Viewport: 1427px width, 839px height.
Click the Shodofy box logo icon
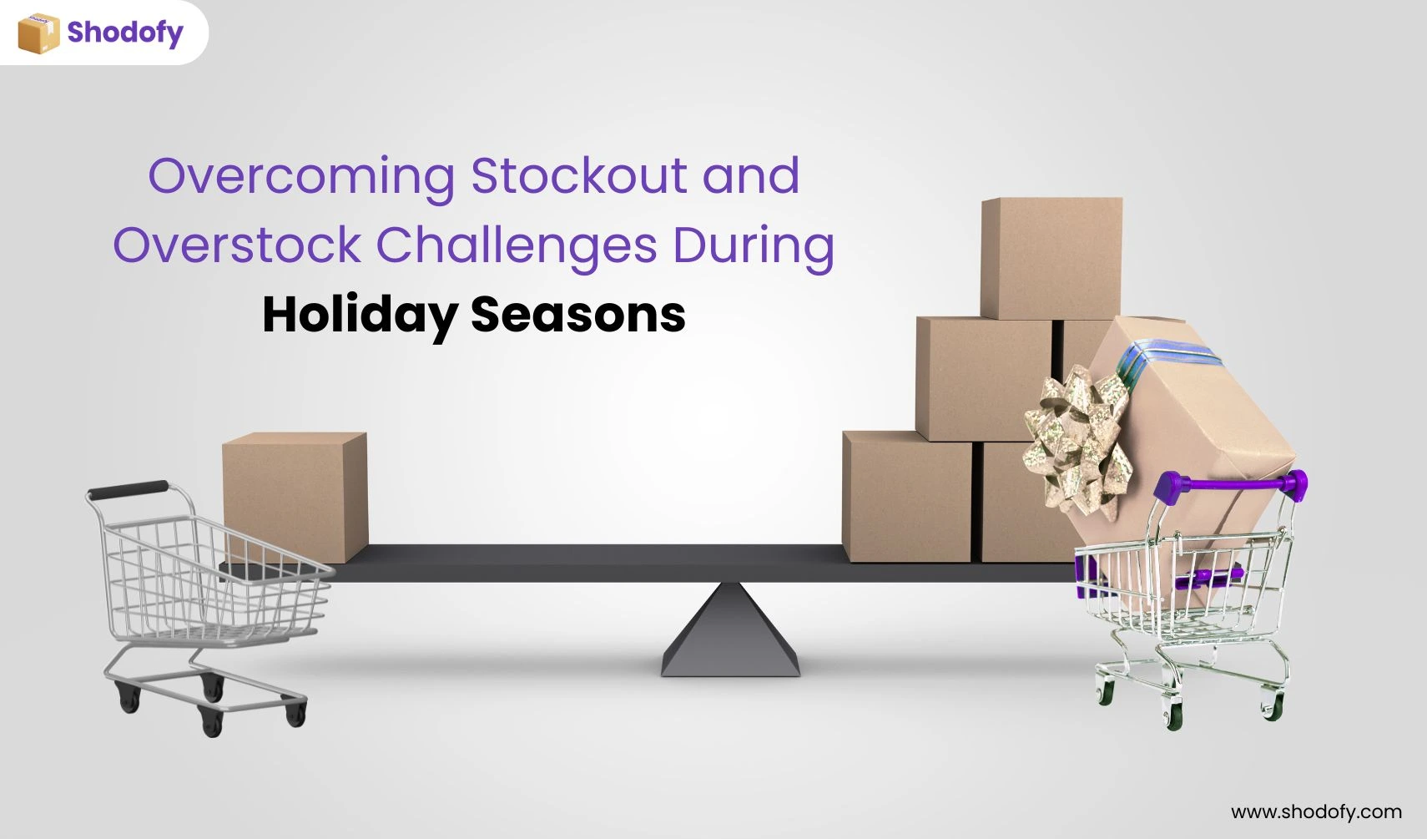coord(39,33)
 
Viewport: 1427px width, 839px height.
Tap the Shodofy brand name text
coord(125,33)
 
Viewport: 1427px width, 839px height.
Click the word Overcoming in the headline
coord(301,177)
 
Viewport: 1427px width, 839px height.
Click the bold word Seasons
coord(577,315)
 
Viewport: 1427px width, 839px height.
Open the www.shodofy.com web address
coord(1316,811)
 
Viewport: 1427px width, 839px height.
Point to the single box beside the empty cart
coord(295,498)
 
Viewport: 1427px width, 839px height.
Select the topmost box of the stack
coord(1051,258)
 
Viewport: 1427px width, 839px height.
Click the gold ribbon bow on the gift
coord(1077,440)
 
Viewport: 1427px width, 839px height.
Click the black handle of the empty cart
coord(129,490)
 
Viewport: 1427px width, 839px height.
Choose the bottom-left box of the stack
coord(907,497)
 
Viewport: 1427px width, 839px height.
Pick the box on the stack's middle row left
coord(984,379)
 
